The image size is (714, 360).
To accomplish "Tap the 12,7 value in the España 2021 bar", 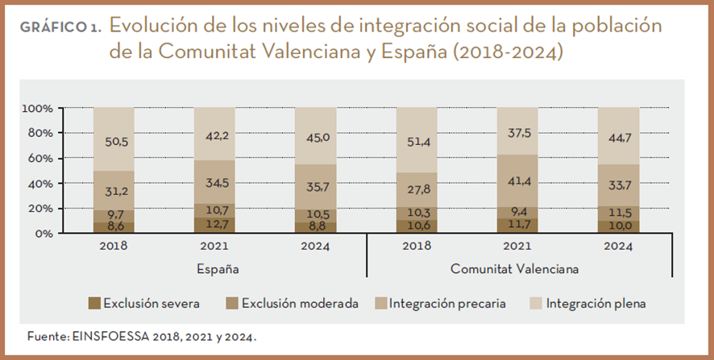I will (x=214, y=225).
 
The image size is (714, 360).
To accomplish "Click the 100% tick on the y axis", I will (x=38, y=108).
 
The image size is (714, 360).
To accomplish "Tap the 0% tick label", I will (x=44, y=234).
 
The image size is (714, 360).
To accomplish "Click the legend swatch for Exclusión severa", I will (x=94, y=304).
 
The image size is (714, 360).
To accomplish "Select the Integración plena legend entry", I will (x=596, y=304).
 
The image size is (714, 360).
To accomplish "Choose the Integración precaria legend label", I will (x=447, y=304).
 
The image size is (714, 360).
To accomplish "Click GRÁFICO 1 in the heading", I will (x=60, y=27).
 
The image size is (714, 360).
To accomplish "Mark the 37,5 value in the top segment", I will (x=517, y=134).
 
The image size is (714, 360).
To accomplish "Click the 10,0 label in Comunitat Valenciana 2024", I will (x=618, y=226).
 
